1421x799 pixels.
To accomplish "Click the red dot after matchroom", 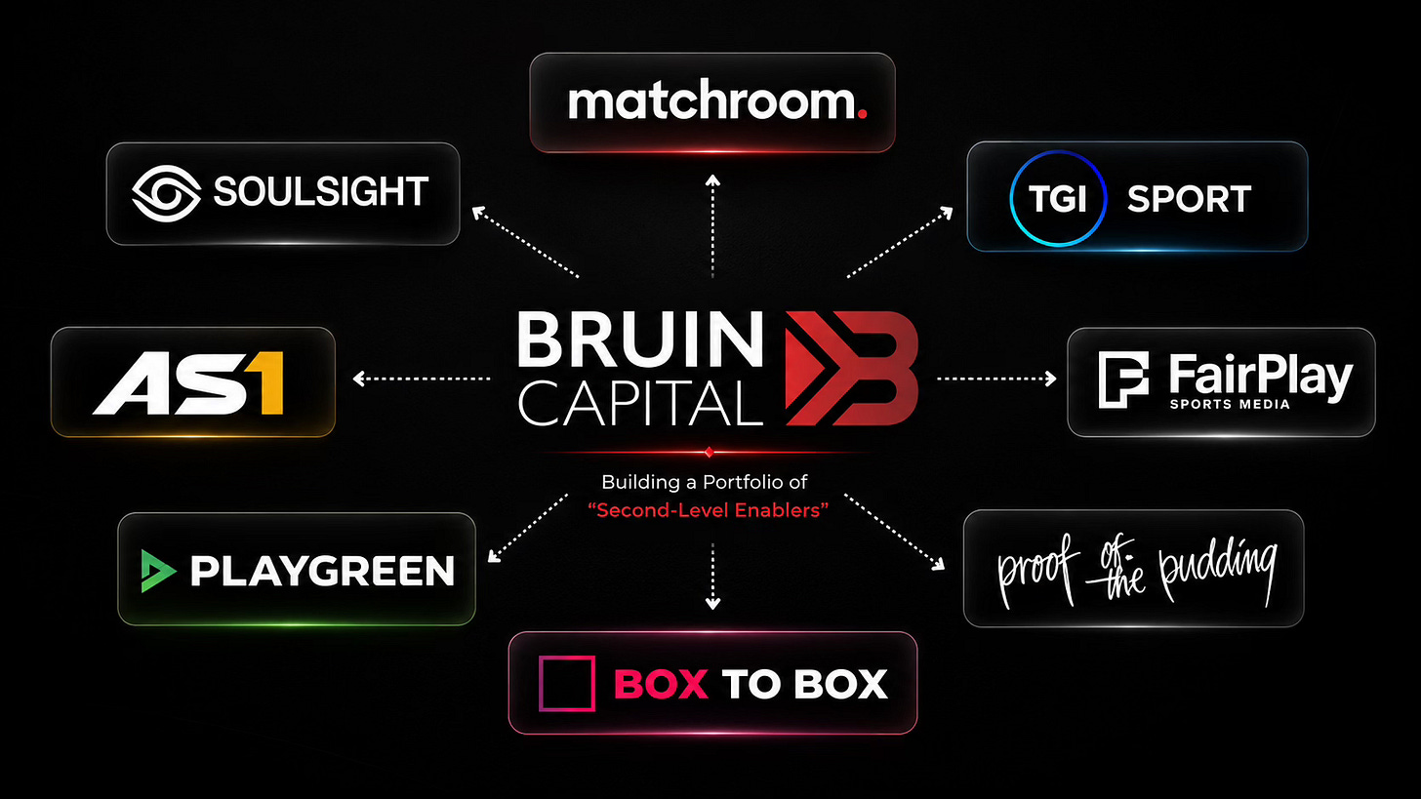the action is tap(862, 114).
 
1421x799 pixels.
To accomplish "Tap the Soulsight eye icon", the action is tap(166, 193).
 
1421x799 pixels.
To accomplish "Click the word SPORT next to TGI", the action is tap(1189, 199).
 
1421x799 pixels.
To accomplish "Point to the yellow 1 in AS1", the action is tap(269, 383).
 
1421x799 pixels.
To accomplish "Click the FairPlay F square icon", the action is tap(1123, 380).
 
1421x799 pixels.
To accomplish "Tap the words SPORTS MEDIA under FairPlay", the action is tap(1230, 405).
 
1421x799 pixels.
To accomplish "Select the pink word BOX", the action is tap(661, 684).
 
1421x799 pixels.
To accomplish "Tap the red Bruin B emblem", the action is tap(851, 369).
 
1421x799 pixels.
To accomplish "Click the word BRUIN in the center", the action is tap(639, 340).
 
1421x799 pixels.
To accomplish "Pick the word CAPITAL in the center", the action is tap(640, 404).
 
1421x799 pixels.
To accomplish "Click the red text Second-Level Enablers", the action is tap(708, 510).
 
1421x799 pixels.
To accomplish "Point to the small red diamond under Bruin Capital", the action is tap(710, 452).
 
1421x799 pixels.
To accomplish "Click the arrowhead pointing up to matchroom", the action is tap(713, 180).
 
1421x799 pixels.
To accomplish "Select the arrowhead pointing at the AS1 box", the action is tap(358, 379).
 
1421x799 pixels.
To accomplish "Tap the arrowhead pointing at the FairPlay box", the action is tap(1051, 379).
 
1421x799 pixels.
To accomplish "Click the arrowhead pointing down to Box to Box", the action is tap(713, 603).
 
